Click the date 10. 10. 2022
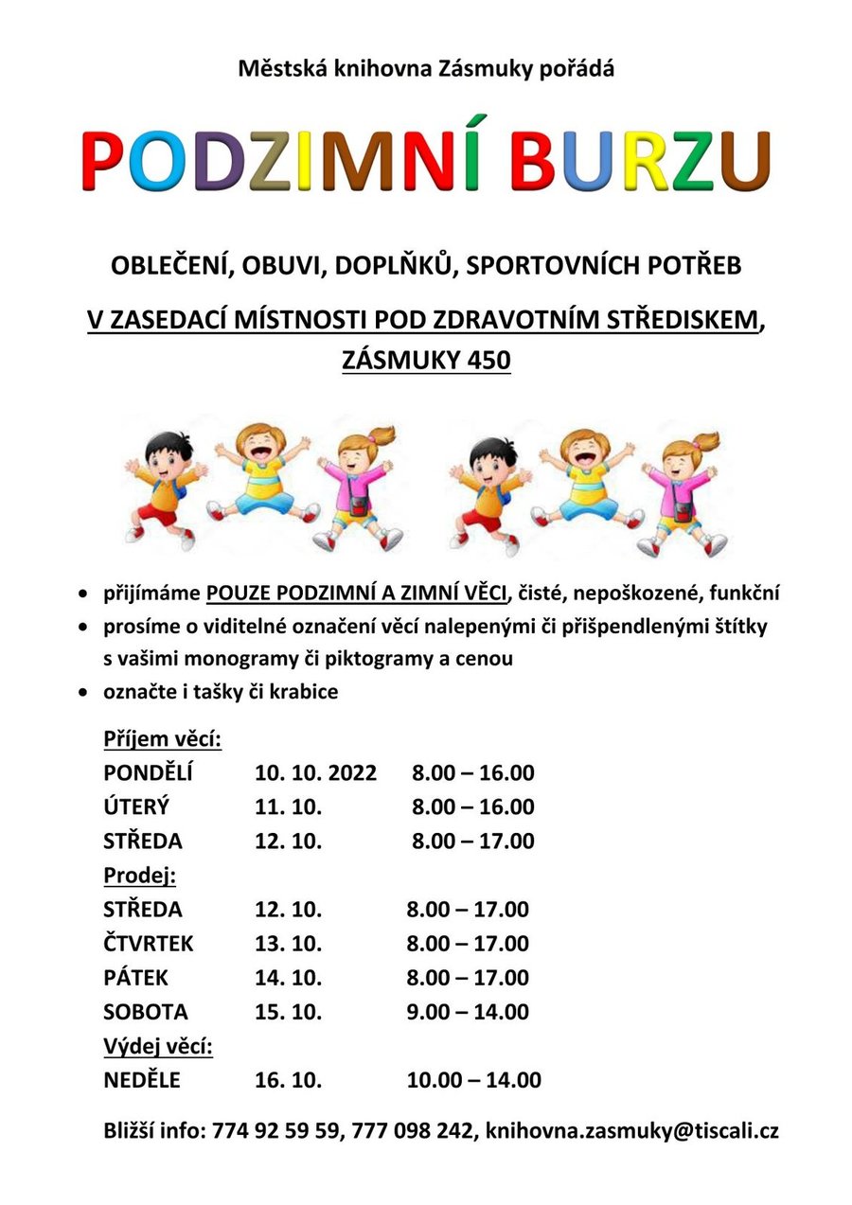[x=315, y=773]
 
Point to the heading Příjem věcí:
[x=163, y=738]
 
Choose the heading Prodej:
[x=140, y=876]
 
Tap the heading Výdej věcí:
[x=158, y=1046]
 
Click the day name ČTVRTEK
[x=149, y=944]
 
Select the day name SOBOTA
[x=146, y=1012]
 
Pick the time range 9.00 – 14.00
[x=468, y=1012]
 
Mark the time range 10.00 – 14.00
[x=473, y=1080]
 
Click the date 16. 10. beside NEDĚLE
[x=289, y=1080]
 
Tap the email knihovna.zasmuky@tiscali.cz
[x=632, y=1130]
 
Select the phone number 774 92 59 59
[x=276, y=1130]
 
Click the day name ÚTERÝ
[x=136, y=807]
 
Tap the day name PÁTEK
[x=136, y=978]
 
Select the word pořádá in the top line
[x=577, y=68]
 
